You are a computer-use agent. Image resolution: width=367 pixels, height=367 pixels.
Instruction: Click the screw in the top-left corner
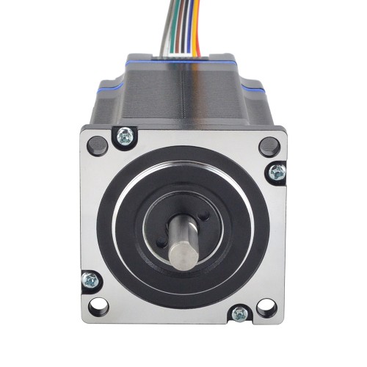(x=125, y=135)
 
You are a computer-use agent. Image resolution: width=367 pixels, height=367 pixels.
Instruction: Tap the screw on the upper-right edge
(x=277, y=172)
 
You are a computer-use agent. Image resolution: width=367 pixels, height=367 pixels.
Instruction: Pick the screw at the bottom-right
(x=240, y=314)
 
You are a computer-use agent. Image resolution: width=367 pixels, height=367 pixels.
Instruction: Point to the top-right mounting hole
(x=269, y=145)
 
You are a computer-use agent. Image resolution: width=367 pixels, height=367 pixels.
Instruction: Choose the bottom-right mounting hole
(x=268, y=307)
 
